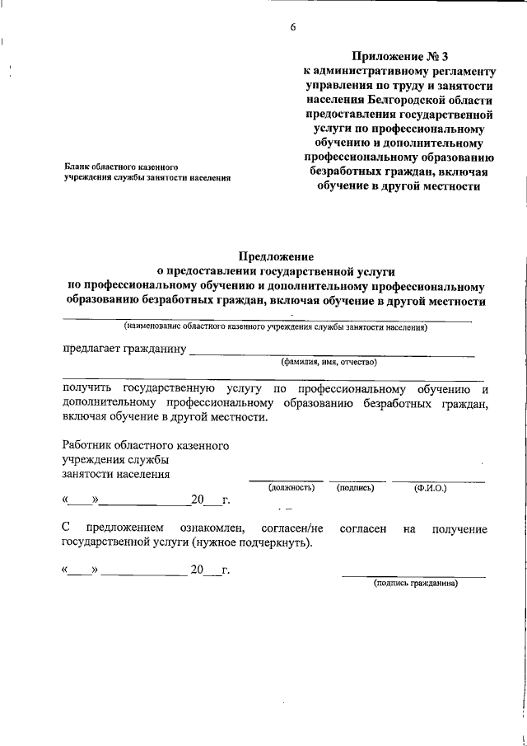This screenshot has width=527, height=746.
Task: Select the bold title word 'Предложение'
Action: click(276, 256)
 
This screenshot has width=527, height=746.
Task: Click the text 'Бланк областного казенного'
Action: click(122, 167)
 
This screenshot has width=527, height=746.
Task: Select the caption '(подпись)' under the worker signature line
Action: click(356, 488)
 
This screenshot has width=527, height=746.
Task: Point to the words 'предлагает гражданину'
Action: click(124, 349)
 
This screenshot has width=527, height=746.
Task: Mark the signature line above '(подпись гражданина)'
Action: click(413, 575)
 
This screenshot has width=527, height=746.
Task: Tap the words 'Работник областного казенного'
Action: click(145, 446)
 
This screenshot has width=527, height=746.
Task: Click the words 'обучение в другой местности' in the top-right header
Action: click(399, 186)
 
